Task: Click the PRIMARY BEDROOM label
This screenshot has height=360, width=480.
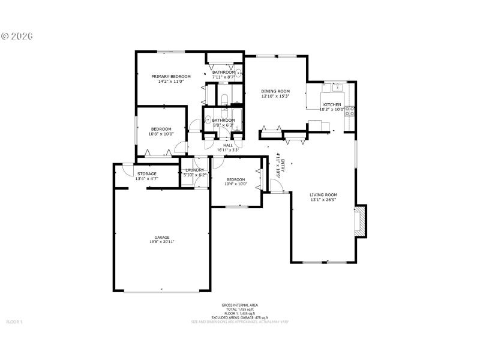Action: click(x=171, y=77)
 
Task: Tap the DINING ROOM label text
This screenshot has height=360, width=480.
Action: click(x=275, y=91)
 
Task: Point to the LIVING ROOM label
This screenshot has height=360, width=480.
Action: click(x=323, y=195)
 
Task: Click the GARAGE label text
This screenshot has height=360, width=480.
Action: click(x=161, y=237)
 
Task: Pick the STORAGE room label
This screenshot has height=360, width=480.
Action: click(x=147, y=174)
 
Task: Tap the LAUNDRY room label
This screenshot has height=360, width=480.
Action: click(x=195, y=170)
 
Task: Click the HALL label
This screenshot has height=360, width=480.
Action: click(x=228, y=145)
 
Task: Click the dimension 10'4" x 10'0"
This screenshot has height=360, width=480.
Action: click(x=236, y=184)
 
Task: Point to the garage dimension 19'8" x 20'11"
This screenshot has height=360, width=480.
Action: click(x=161, y=242)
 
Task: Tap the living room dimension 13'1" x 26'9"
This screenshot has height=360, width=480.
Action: click(x=323, y=200)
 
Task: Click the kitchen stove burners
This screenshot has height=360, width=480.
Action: click(x=350, y=110)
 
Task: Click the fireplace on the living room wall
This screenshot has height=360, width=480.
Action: click(x=361, y=221)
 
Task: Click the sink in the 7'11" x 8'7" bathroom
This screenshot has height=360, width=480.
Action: click(x=238, y=74)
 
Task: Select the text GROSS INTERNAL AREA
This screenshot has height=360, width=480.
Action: click(x=239, y=305)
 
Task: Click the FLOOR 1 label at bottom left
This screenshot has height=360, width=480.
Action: click(x=14, y=322)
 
